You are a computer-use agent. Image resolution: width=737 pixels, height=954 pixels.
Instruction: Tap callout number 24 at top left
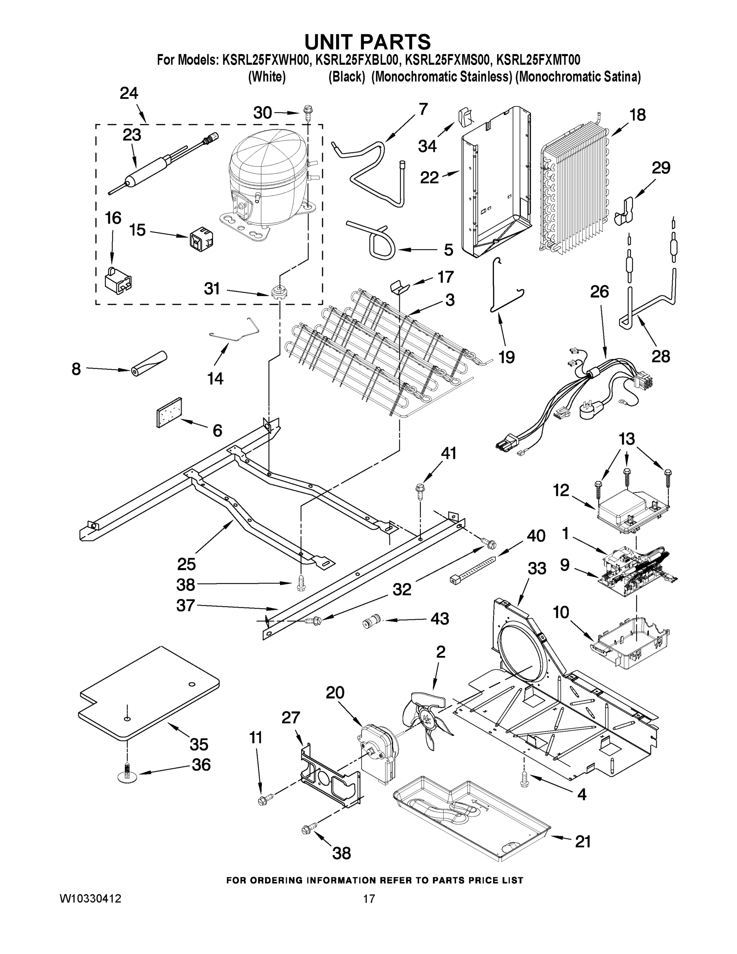coord(129,93)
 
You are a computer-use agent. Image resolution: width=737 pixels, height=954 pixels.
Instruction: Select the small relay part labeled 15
coord(200,239)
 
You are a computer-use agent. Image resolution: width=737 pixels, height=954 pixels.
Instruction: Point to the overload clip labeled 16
coord(118,280)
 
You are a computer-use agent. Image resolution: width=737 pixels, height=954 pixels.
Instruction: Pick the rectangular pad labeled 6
coord(169,412)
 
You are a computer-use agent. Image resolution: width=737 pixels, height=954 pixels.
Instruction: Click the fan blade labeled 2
coord(426,719)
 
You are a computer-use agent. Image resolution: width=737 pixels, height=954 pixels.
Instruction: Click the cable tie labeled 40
coord(473,568)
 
